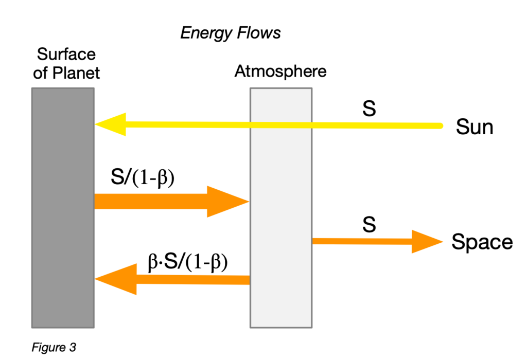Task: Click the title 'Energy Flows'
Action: click(x=231, y=33)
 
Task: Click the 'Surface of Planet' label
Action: click(x=66, y=63)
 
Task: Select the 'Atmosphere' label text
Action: click(x=280, y=71)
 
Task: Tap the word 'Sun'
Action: click(x=474, y=127)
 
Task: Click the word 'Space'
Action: click(x=482, y=242)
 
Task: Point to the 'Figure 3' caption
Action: click(x=54, y=347)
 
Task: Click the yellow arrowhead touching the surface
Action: click(x=109, y=124)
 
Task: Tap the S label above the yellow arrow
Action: click(x=369, y=110)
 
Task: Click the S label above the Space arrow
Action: click(x=369, y=225)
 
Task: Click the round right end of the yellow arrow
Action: click(x=440, y=125)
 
